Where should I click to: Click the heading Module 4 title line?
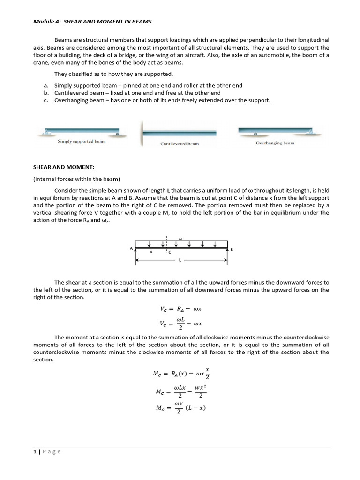92,22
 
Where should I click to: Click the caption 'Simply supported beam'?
82,141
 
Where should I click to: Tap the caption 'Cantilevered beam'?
180,144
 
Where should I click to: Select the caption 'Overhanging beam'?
275,143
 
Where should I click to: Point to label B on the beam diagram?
232,250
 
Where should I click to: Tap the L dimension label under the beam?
180,260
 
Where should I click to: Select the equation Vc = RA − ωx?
180,309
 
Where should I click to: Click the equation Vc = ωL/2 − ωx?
180,323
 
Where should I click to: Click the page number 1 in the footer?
35,452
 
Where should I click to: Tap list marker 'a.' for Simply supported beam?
46,86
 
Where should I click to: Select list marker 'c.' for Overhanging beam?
46,100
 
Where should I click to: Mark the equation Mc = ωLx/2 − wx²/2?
180,391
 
